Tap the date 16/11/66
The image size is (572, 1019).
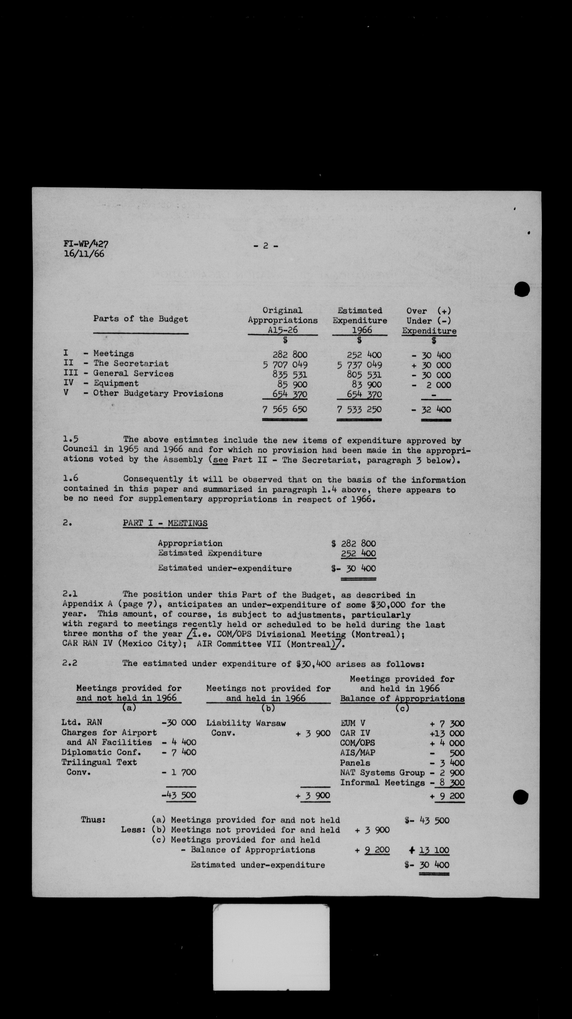pos(84,254)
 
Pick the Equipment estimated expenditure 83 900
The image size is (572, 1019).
pos(366,385)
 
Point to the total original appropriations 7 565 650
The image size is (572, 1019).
pos(284,409)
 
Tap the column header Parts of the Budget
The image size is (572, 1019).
pos(140,319)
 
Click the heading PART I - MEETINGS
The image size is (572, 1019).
pos(165,523)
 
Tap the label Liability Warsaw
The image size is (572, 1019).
pos(246,723)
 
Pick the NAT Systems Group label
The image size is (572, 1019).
pos(382,772)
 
